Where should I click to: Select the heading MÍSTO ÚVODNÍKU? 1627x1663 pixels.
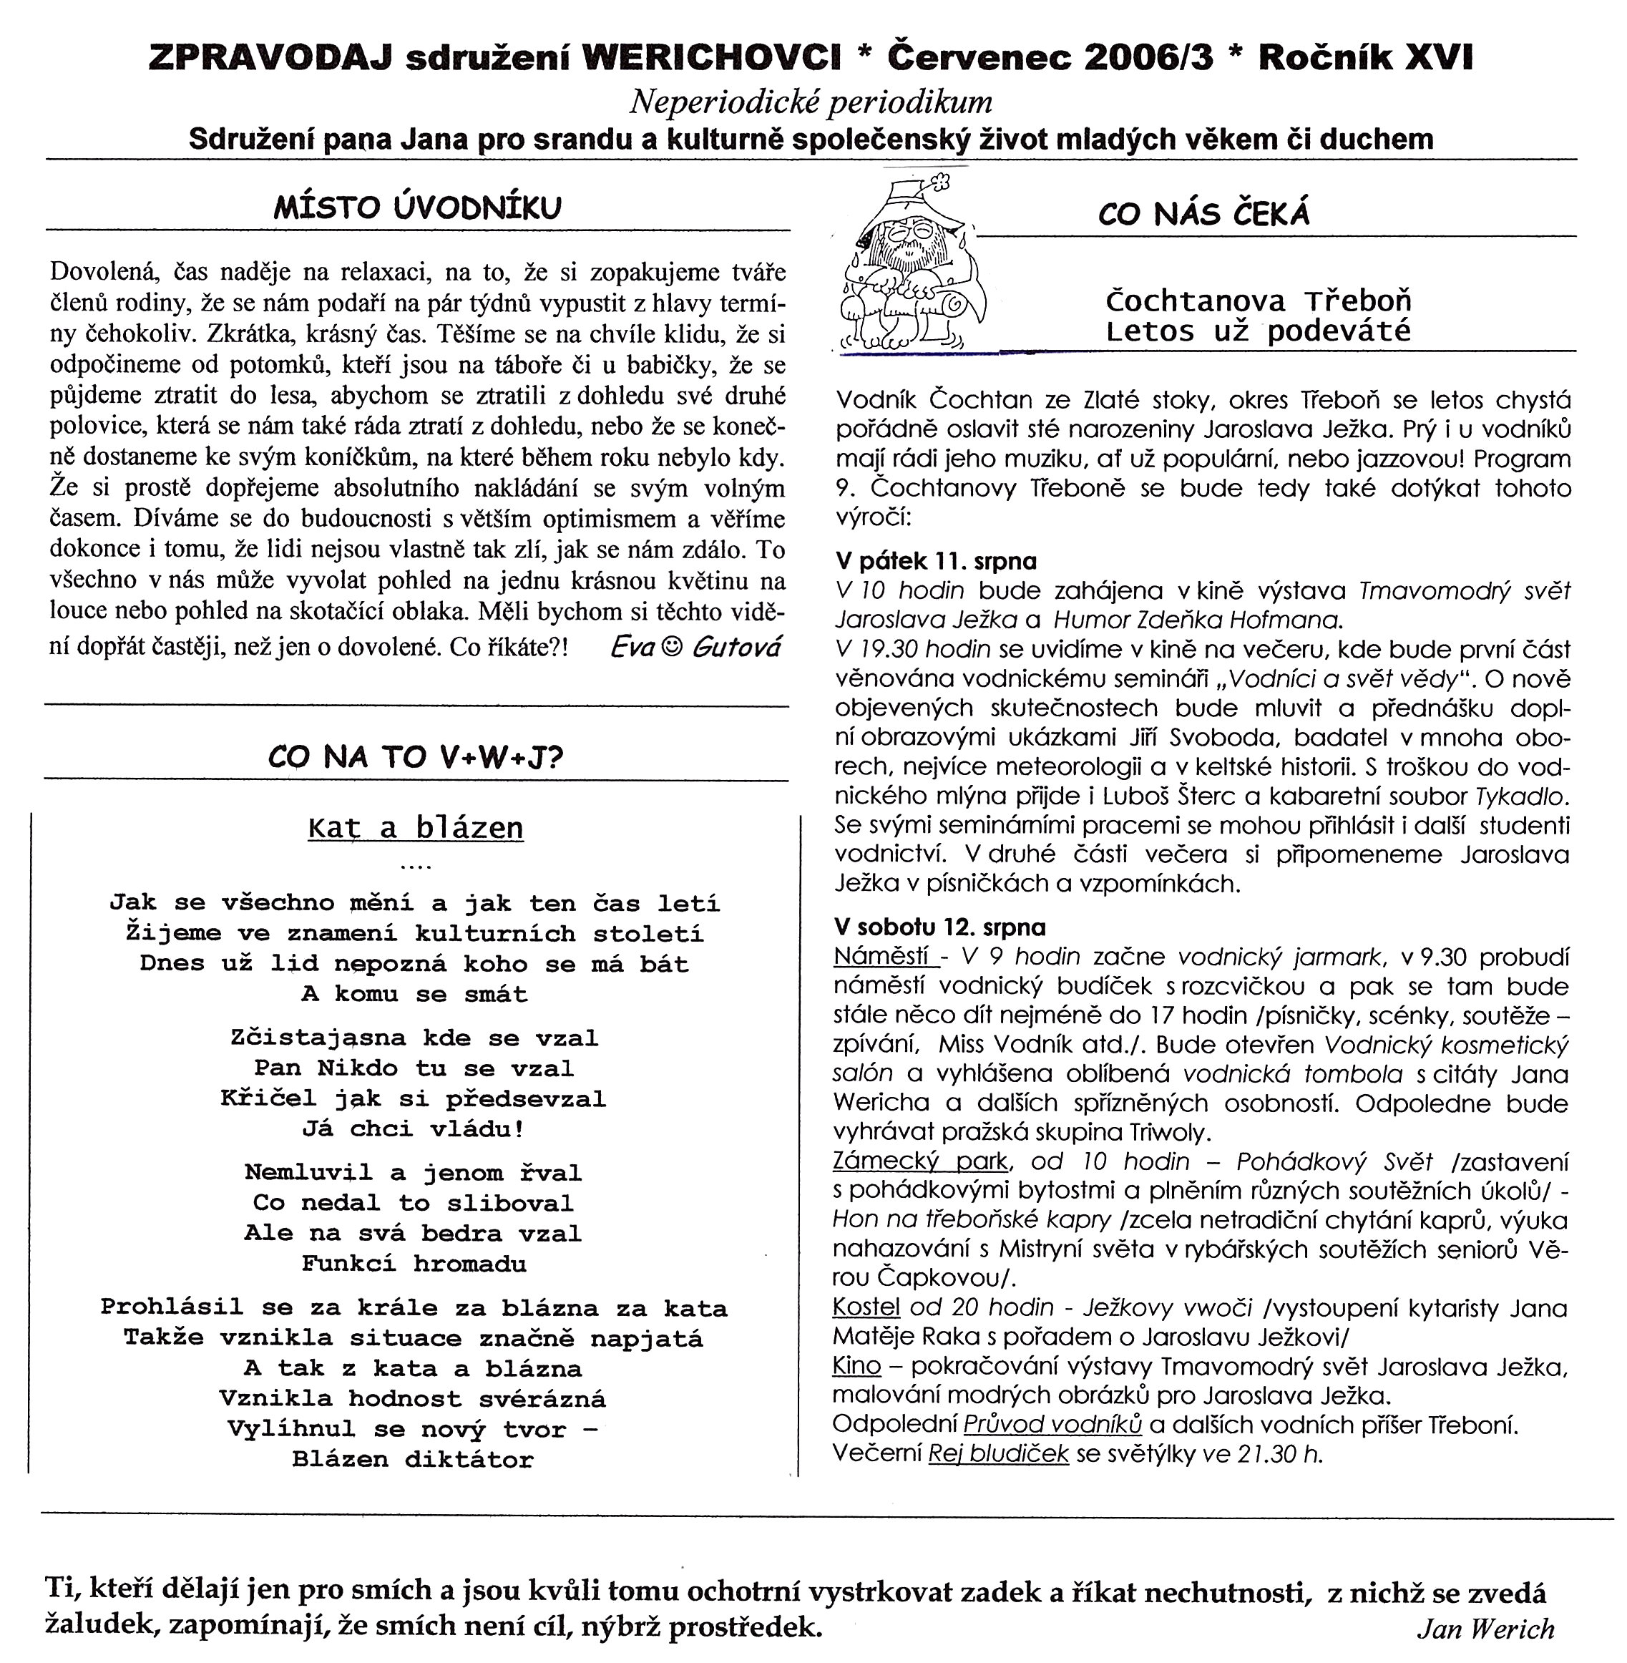point(417,208)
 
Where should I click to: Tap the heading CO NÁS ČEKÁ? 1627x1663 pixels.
point(1203,214)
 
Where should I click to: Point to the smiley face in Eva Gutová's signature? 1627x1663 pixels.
point(673,647)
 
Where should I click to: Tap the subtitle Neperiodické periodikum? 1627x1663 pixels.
point(811,102)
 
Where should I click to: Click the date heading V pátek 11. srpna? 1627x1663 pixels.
point(936,562)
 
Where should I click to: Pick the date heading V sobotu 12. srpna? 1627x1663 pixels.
point(940,927)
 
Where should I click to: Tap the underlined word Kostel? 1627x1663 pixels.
point(866,1307)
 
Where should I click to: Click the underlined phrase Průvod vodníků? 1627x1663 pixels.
point(1052,1425)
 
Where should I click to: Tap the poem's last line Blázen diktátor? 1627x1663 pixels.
point(413,1460)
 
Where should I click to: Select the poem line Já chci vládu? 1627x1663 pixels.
point(413,1129)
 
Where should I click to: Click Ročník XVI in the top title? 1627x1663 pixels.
point(1366,57)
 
